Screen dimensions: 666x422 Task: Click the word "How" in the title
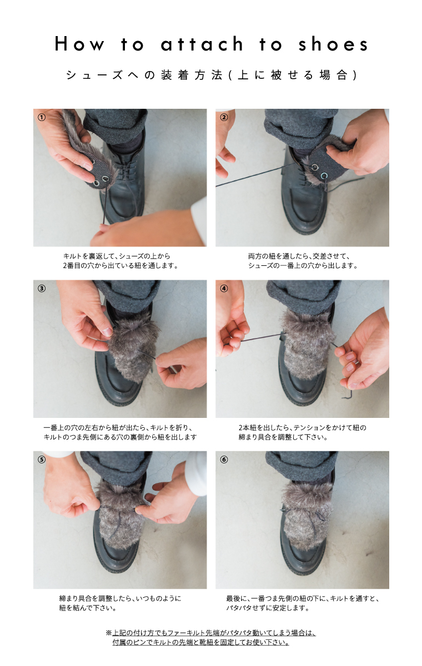click(79, 44)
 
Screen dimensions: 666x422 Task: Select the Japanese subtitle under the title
click(211, 75)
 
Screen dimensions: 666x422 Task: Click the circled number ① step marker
click(42, 118)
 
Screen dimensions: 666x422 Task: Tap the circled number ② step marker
click(224, 118)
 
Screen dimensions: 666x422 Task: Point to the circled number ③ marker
click(42, 289)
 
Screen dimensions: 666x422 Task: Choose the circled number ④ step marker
click(224, 289)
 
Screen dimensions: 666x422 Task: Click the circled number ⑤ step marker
click(42, 460)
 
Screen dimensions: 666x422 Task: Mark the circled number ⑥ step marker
click(224, 460)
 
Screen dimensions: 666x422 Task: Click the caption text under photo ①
click(120, 261)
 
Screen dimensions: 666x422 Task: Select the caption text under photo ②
click(302, 261)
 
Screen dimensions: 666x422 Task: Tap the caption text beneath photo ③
click(120, 432)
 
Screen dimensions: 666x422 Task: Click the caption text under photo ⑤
click(120, 603)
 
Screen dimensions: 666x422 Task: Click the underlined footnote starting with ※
click(211, 638)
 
